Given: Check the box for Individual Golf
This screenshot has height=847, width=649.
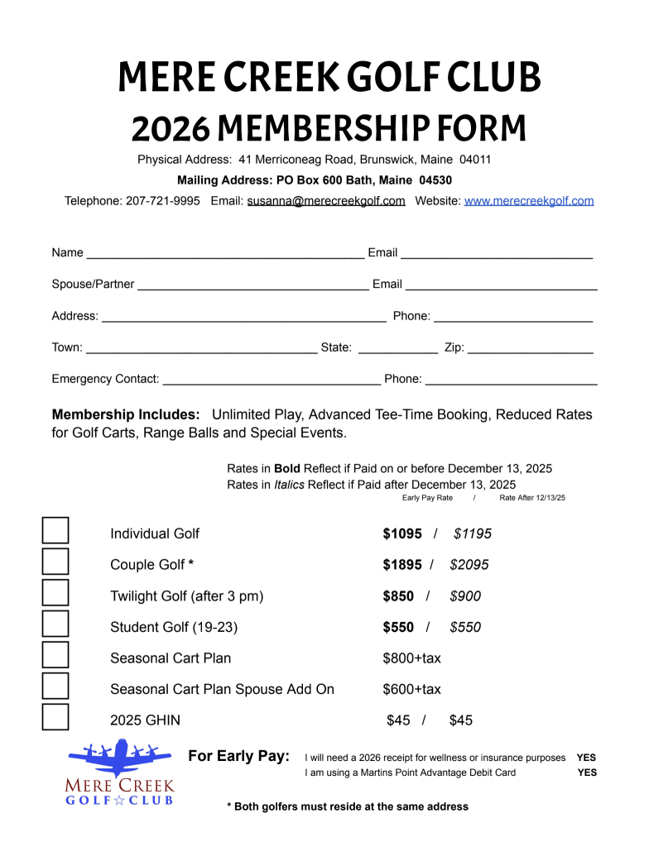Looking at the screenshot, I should [x=55, y=530].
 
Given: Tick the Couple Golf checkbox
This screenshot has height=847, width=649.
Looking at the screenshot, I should [x=55, y=561].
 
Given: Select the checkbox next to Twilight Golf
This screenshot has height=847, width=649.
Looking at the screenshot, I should [x=55, y=592].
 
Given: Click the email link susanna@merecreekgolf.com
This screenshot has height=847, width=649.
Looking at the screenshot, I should [x=326, y=200].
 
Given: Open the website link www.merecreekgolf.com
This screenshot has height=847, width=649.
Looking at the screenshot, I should [x=529, y=200].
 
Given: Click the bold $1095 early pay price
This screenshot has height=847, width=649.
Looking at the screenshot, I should [x=402, y=534].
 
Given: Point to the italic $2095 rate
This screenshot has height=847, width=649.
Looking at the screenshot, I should [x=469, y=565].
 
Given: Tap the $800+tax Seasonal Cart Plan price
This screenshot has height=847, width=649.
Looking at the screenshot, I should [x=411, y=658].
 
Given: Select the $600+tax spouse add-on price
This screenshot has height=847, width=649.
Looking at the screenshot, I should [x=411, y=689].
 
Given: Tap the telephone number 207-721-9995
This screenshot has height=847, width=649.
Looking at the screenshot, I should [x=162, y=200].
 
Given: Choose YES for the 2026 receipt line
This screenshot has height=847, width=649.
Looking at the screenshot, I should [x=586, y=757].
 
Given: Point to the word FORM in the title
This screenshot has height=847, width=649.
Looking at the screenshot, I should [x=487, y=128].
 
